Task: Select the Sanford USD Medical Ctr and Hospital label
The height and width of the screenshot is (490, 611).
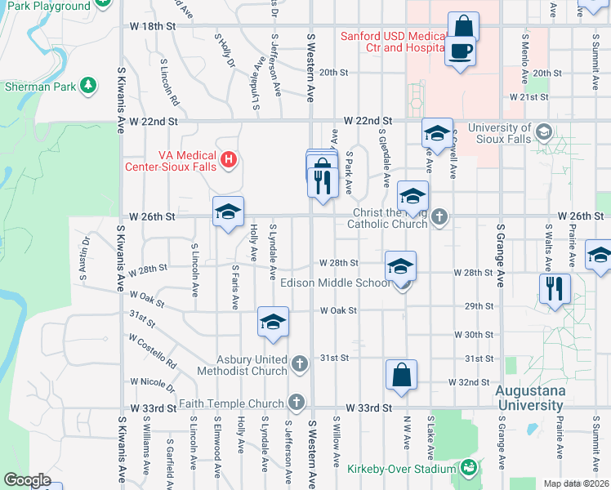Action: pyautogui.click(x=392, y=42)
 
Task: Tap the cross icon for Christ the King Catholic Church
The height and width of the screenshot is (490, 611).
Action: pyautogui.click(x=440, y=216)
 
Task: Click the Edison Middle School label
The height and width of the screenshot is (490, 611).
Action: pyautogui.click(x=336, y=283)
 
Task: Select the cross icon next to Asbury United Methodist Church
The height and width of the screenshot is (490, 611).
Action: pyautogui.click(x=299, y=363)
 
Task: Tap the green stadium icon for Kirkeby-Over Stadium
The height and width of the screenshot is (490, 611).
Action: pyautogui.click(x=468, y=468)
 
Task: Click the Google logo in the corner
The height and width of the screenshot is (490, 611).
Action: pyautogui.click(x=28, y=479)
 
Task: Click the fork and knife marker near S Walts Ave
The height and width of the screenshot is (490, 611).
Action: pyautogui.click(x=554, y=288)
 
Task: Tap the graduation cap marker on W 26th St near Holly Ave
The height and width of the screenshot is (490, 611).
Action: pyautogui.click(x=227, y=213)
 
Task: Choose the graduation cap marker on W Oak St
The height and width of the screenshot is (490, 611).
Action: pyautogui.click(x=273, y=323)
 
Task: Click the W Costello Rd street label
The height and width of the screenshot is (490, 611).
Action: pyautogui.click(x=152, y=350)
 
